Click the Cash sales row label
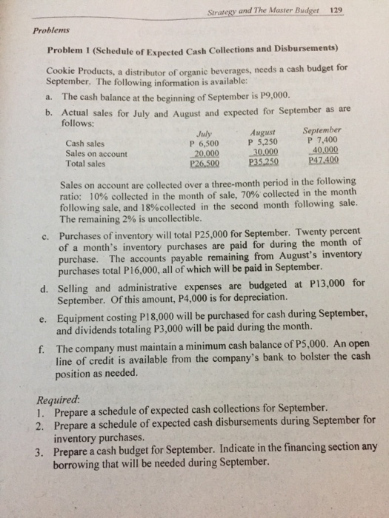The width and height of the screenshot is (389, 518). [84, 144]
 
